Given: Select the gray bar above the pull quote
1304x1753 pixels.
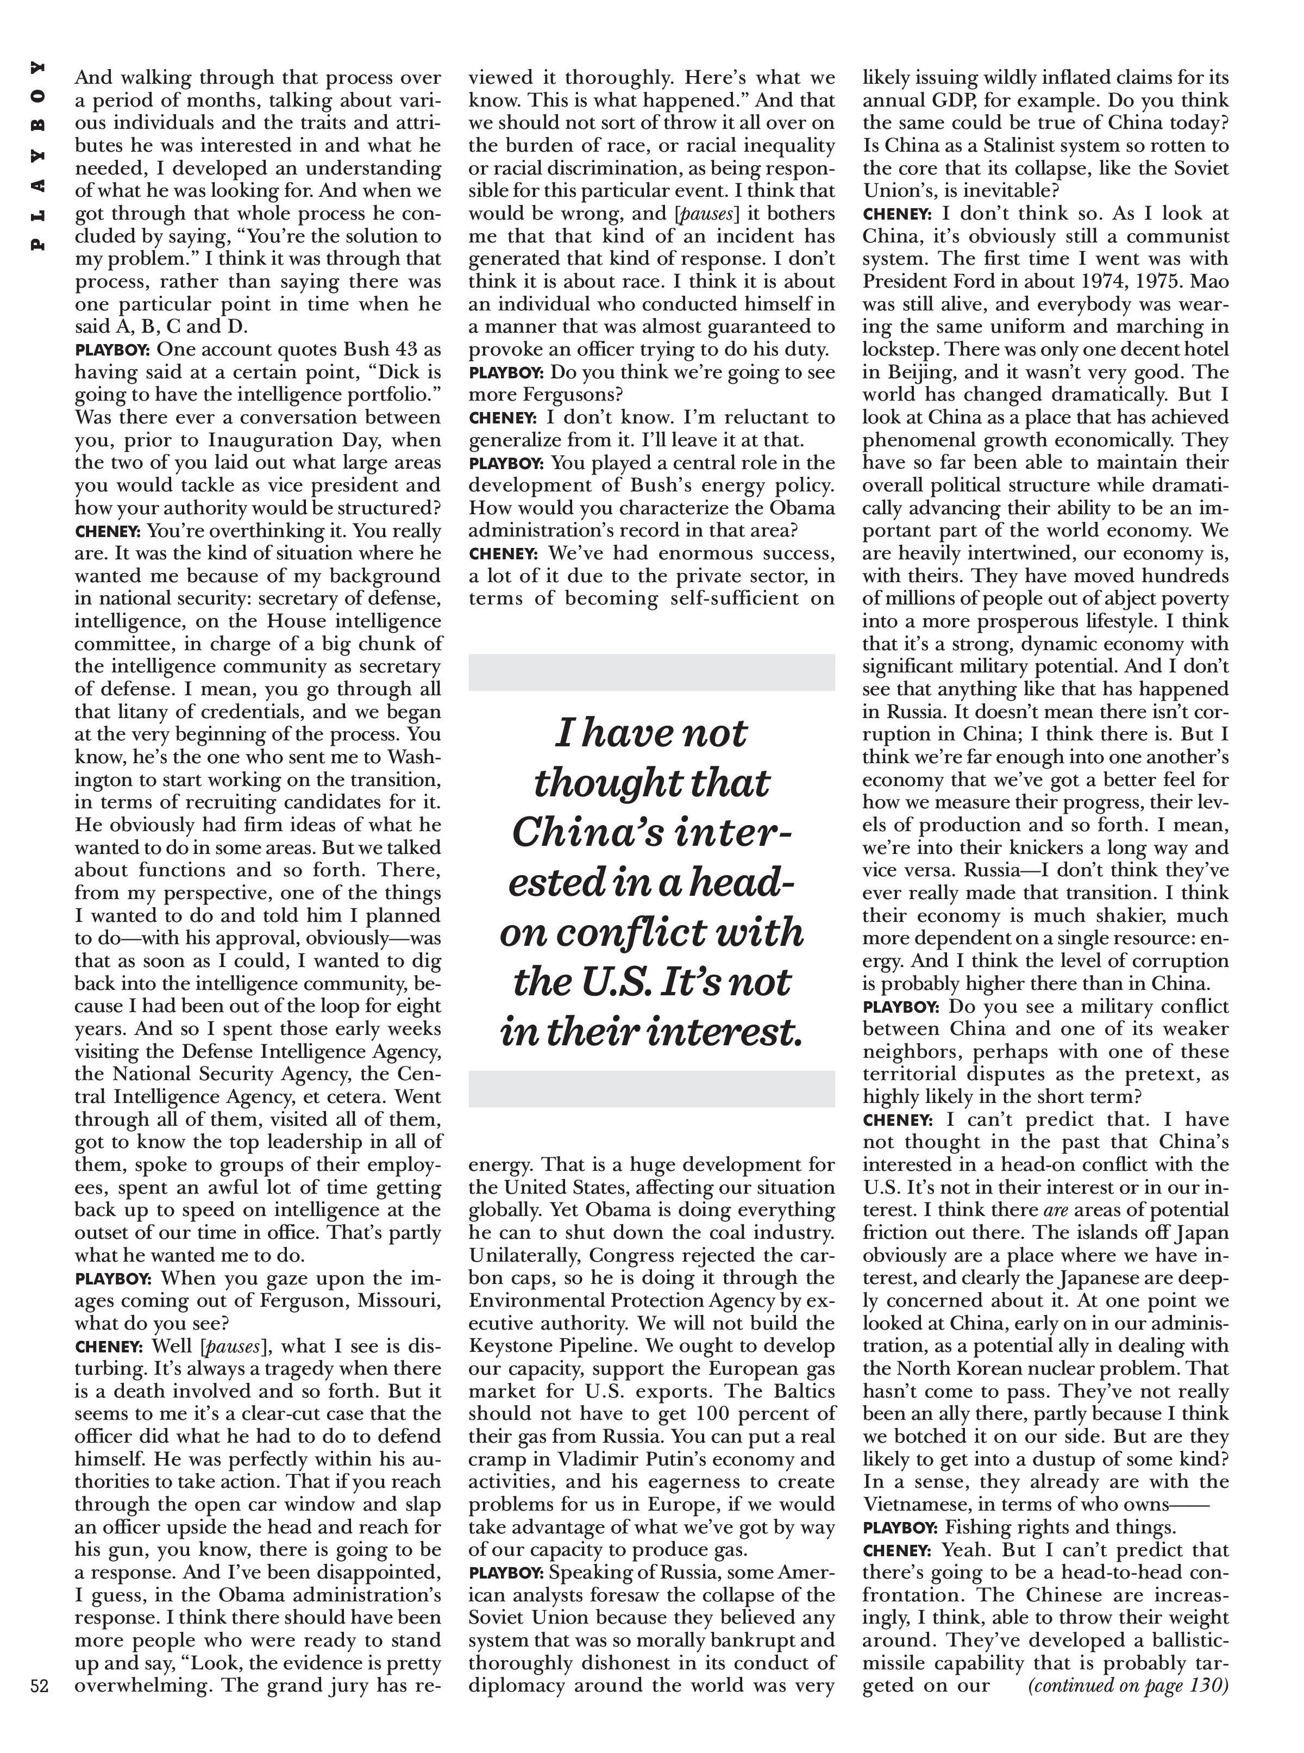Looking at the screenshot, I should (x=651, y=672).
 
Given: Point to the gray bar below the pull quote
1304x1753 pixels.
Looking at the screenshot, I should (x=651, y=1088).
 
